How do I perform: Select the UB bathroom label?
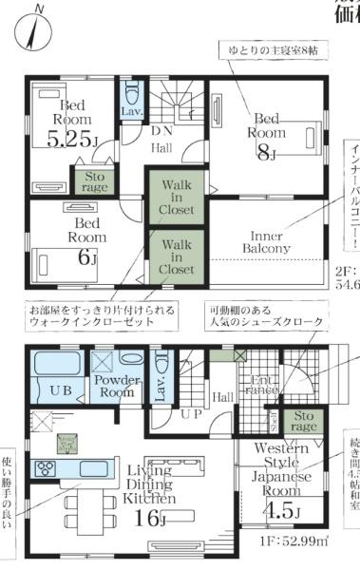click(x=54, y=390)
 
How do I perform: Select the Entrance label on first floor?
click(x=259, y=388)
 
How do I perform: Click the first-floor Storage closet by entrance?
click(x=304, y=419)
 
